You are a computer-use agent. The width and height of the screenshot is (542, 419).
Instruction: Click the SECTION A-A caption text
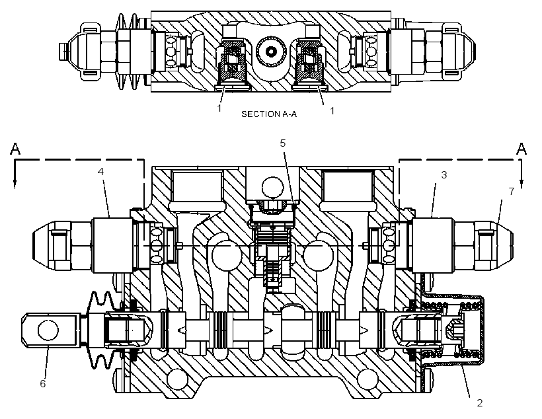pos(269,114)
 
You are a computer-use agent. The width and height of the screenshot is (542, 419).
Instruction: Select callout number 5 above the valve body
pos(283,143)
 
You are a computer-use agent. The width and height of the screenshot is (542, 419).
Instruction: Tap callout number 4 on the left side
pos(100,172)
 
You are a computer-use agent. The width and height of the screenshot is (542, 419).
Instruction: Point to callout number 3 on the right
pos(444,175)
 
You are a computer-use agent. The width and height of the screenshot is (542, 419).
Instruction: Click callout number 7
pos(512,191)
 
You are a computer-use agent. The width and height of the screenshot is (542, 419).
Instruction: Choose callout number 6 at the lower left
pos(43,383)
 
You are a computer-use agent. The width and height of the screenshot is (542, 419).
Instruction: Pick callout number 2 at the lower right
pos(479,402)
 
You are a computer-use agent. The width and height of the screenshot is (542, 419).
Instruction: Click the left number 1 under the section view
pos(219,108)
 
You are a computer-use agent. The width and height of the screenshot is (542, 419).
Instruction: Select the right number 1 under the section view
pos(332,110)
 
